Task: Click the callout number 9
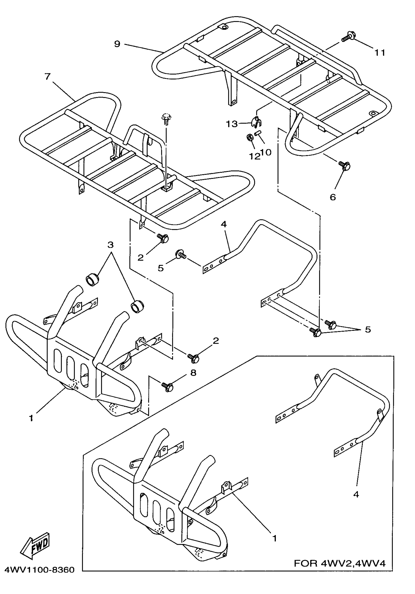point(117,44)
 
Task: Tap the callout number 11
point(380,53)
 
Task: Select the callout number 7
point(47,77)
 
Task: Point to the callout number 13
point(232,124)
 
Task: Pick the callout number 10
point(266,152)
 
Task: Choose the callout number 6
point(333,197)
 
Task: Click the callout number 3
point(111,244)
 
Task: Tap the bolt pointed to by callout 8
point(167,387)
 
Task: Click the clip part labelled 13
point(256,122)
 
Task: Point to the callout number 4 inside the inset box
point(356,494)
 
